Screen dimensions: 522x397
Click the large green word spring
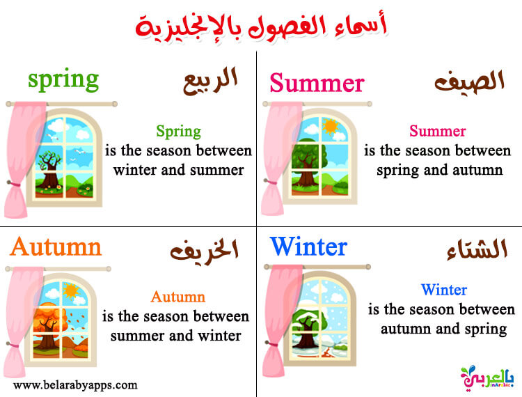tap(63, 79)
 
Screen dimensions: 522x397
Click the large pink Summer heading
tap(317, 83)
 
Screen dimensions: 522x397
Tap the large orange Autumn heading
tap(56, 247)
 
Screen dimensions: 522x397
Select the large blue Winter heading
tap(308, 247)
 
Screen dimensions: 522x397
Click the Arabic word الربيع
tap(210, 81)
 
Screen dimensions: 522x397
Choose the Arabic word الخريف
tap(204, 251)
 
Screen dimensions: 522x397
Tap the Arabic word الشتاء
tap(477, 249)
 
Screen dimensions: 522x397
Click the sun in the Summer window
tap(331, 127)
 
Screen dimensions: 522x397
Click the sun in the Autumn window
tap(71, 290)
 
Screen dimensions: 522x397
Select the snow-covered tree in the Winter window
tap(306, 329)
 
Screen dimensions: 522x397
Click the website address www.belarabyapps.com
tap(75, 385)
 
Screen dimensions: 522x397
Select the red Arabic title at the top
tap(262, 26)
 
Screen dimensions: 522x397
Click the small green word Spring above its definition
tap(178, 132)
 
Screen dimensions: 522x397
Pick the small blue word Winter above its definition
tap(444, 290)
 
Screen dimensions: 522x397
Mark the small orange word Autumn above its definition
tap(177, 297)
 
